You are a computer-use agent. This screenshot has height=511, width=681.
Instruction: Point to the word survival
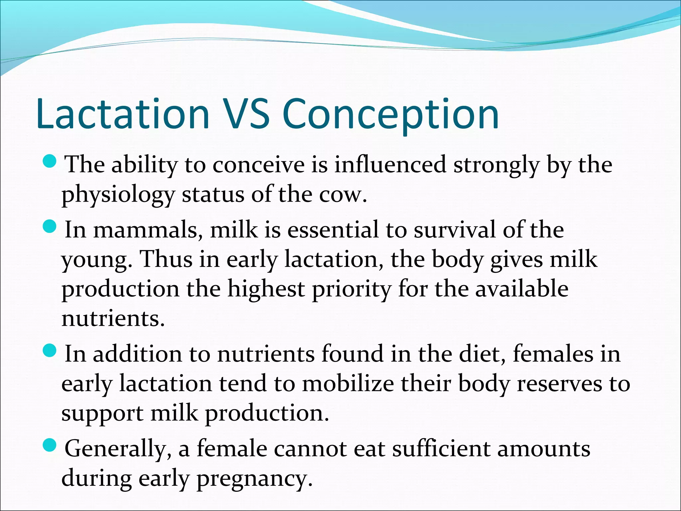[454, 230]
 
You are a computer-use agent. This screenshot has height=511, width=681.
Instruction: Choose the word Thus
[166, 259]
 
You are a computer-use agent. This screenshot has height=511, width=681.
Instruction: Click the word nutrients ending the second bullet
[113, 318]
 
